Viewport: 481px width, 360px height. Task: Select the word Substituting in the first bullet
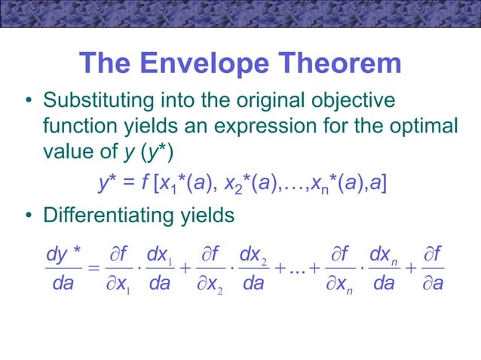pos(97,101)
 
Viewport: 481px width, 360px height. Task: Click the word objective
pos(351,101)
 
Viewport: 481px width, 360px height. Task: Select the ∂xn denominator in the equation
pos(341,286)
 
